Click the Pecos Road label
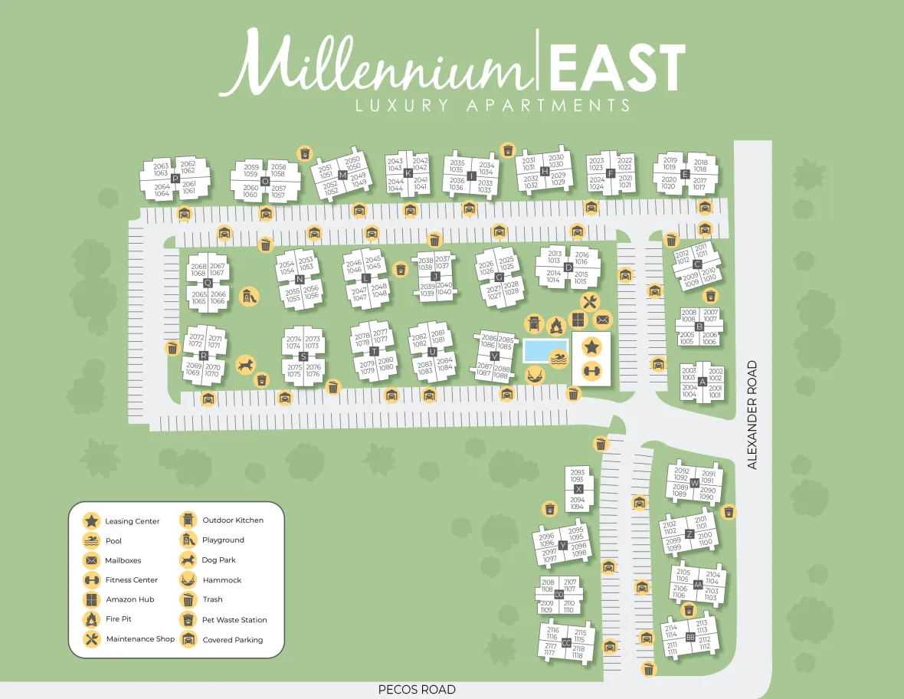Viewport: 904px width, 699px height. pyautogui.click(x=417, y=689)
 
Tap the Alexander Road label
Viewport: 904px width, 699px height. pyautogui.click(x=752, y=415)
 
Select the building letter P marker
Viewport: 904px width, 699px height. pyautogui.click(x=175, y=179)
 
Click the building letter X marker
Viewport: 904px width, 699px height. pyautogui.click(x=578, y=489)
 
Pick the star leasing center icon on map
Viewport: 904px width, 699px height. pyautogui.click(x=591, y=346)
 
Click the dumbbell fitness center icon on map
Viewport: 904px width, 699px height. pyautogui.click(x=591, y=372)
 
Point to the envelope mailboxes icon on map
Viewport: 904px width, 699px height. pyautogui.click(x=603, y=320)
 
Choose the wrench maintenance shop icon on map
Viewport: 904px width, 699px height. pyautogui.click(x=588, y=301)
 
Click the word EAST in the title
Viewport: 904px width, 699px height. pyautogui.click(x=616, y=67)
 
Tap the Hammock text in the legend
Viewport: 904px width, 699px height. pyautogui.click(x=222, y=580)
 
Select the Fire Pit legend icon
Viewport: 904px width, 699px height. pyautogui.click(x=91, y=619)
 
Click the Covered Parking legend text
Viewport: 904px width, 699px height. pyautogui.click(x=232, y=640)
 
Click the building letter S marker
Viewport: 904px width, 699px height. pyautogui.click(x=303, y=356)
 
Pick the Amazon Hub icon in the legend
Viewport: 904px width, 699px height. pyautogui.click(x=91, y=599)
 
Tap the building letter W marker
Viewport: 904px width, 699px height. pyautogui.click(x=694, y=483)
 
